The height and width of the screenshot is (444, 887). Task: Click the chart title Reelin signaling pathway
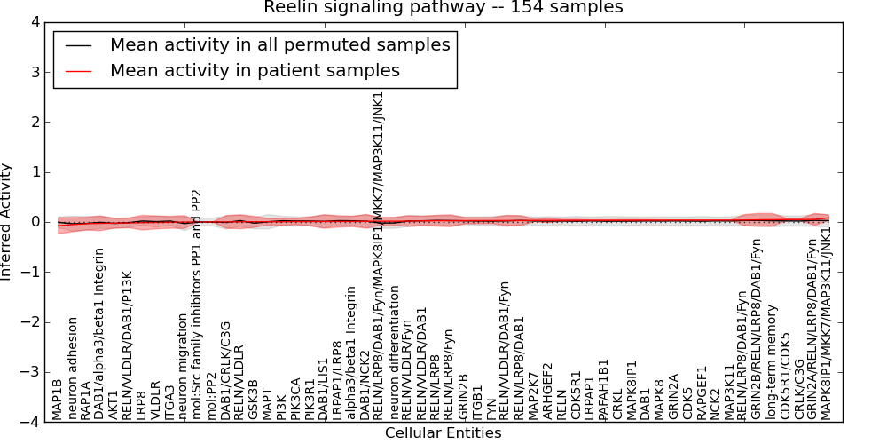(x=443, y=8)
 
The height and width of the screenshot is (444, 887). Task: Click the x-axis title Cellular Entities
(x=443, y=433)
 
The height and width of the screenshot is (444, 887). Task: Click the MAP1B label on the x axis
(x=58, y=399)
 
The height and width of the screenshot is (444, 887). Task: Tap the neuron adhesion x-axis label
(x=73, y=368)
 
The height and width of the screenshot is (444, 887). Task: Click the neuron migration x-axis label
(x=183, y=365)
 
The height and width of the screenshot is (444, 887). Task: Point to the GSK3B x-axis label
(x=253, y=400)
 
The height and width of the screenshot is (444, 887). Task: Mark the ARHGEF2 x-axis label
(x=547, y=391)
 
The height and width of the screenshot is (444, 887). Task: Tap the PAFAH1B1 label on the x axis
(x=604, y=388)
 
